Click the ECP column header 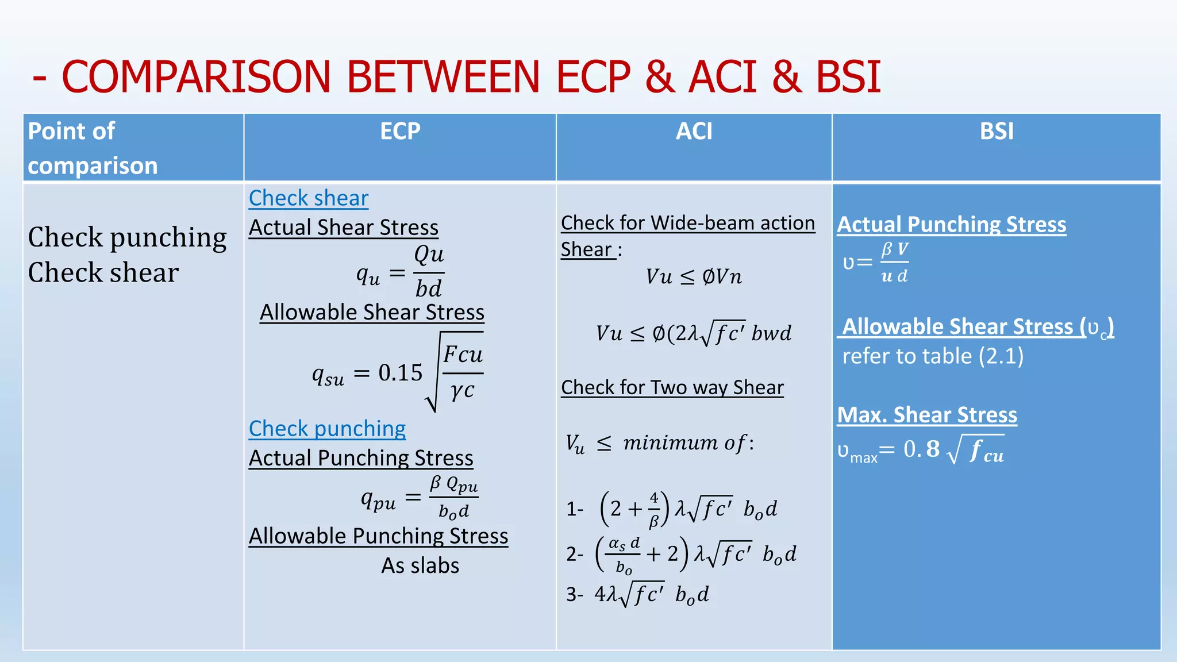(400, 132)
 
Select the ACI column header (694, 132)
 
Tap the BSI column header (996, 132)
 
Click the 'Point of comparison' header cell (92, 148)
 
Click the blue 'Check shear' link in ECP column (309, 198)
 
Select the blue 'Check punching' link (327, 429)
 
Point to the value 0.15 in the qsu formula (400, 373)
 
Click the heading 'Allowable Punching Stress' (378, 536)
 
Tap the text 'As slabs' (420, 565)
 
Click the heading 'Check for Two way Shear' (672, 387)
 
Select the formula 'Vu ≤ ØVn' (694, 277)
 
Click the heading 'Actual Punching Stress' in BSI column (951, 224)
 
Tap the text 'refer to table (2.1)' (933, 356)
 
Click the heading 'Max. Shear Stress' (926, 415)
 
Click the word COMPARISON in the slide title (195, 77)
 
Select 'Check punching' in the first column (127, 237)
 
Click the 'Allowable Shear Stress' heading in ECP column (372, 312)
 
